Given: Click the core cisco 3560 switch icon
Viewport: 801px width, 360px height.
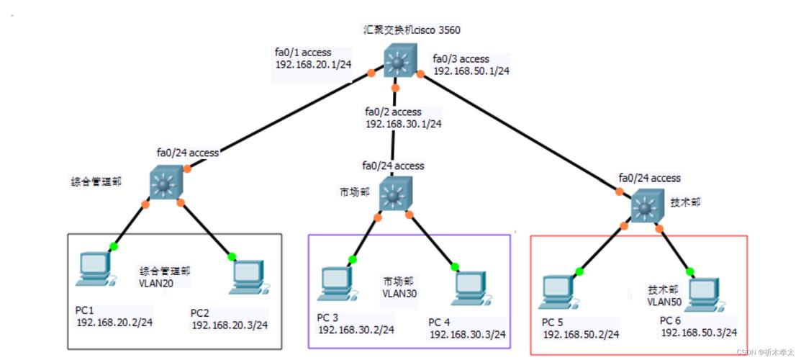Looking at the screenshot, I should pyautogui.click(x=395, y=62).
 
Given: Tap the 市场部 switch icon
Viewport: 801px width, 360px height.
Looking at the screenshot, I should pyautogui.click(x=392, y=195).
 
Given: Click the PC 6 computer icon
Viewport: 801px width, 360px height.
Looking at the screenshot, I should pyautogui.click(x=705, y=293).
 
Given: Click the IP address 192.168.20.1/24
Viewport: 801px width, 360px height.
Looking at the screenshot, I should pyautogui.click(x=313, y=64).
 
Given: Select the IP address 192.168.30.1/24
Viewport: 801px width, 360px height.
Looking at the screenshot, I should pyautogui.click(x=403, y=124).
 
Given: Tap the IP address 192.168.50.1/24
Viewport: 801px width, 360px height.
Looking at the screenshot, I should pyautogui.click(x=471, y=71).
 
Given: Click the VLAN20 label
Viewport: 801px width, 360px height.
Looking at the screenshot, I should pyautogui.click(x=155, y=284).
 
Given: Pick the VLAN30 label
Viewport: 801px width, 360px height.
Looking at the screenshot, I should pyautogui.click(x=400, y=294).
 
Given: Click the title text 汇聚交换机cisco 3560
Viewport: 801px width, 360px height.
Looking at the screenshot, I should pyautogui.click(x=412, y=30).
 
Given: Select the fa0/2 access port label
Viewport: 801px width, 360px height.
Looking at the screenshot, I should pyautogui.click(x=393, y=112).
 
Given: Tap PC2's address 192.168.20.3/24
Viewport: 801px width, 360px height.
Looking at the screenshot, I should pyautogui.click(x=230, y=325).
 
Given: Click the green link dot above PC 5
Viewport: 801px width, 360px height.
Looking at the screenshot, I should pyautogui.click(x=580, y=271).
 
